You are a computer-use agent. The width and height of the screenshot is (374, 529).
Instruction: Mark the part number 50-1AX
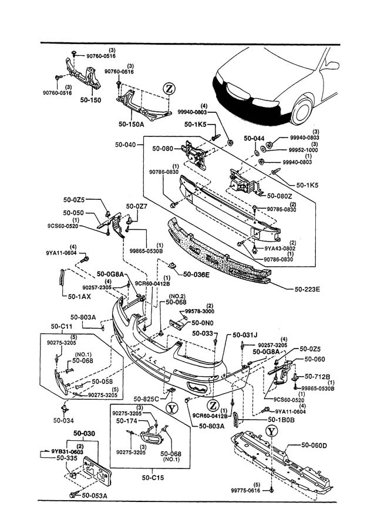pos(73,296)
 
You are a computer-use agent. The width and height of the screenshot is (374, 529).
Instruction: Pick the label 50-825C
pos(147,399)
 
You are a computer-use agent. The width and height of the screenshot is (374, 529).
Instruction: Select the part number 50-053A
pos(95,495)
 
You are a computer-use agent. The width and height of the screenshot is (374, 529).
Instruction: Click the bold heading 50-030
pos(84,434)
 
